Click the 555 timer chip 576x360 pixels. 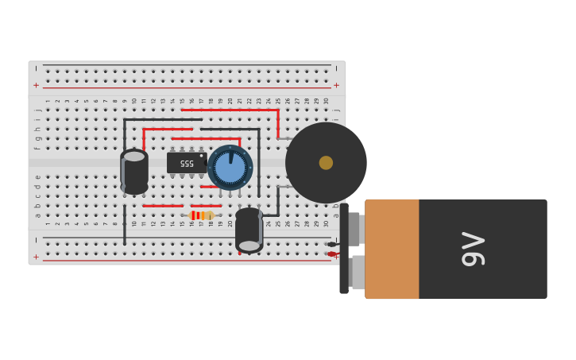(186, 163)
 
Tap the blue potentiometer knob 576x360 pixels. (230, 168)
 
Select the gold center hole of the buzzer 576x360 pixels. (326, 162)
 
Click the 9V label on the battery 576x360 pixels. (474, 249)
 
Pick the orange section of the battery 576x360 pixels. (392, 249)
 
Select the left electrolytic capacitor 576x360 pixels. (134, 172)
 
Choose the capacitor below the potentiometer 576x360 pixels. (249, 230)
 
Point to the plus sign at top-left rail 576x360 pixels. (36, 85)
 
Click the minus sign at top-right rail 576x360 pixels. (336, 68)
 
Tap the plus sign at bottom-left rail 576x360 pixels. (36, 257)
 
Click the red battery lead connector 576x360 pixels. (331, 254)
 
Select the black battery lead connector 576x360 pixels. (331, 244)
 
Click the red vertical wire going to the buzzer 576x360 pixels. (277, 123)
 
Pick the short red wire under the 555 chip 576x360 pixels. (209, 187)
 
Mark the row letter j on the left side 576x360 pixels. (37, 109)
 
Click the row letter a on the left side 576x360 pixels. (37, 215)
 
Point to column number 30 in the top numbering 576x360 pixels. (327, 101)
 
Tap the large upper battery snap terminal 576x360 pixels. (354, 229)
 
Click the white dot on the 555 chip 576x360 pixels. (202, 156)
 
